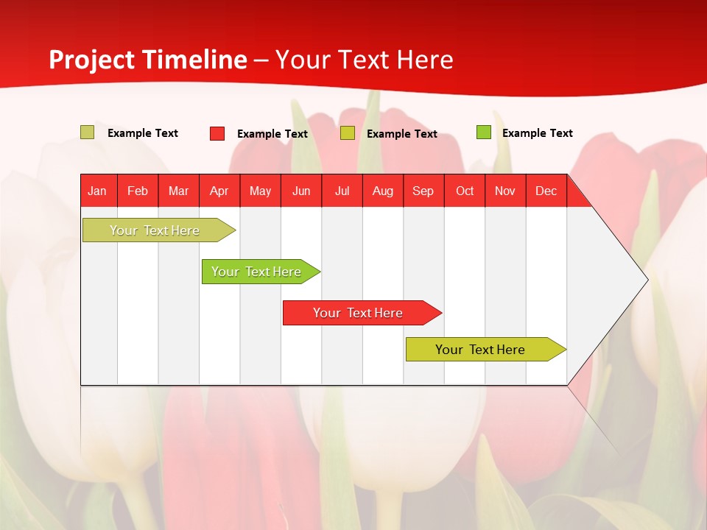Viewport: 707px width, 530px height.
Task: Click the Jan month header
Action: pyautogui.click(x=97, y=191)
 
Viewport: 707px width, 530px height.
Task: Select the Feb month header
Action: pyautogui.click(x=138, y=191)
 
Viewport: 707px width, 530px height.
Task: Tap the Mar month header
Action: pyautogui.click(x=178, y=191)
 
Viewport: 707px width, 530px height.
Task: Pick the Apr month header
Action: pyautogui.click(x=219, y=191)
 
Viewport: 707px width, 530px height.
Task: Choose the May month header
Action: pyautogui.click(x=260, y=191)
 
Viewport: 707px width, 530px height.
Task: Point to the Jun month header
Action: pyautogui.click(x=301, y=191)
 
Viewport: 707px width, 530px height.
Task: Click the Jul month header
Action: pyautogui.click(x=342, y=191)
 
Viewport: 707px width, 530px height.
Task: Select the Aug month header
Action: pyautogui.click(x=383, y=191)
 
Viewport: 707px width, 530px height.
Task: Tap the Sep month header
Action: pyautogui.click(x=423, y=191)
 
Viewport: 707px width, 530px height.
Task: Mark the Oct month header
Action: pyautogui.click(x=465, y=191)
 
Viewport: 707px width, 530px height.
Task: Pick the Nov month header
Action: pyautogui.click(x=505, y=191)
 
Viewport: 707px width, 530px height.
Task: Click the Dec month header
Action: pyautogui.click(x=546, y=191)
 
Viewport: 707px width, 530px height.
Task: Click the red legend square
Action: pyautogui.click(x=217, y=133)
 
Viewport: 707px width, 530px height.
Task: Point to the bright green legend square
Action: pyautogui.click(x=484, y=132)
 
